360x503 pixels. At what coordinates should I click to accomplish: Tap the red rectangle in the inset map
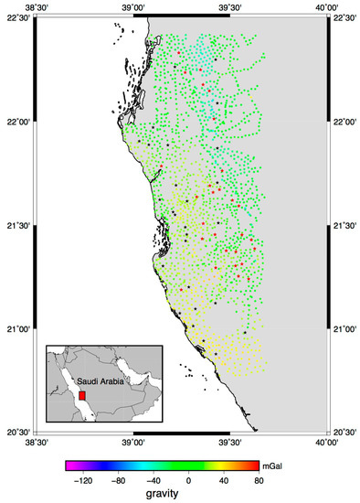tap(82, 396)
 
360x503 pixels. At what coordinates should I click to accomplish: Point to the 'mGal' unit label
tap(274, 466)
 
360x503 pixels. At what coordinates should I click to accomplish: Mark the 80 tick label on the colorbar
tap(259, 478)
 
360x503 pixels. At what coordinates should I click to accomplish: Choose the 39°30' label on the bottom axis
tap(229, 443)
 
